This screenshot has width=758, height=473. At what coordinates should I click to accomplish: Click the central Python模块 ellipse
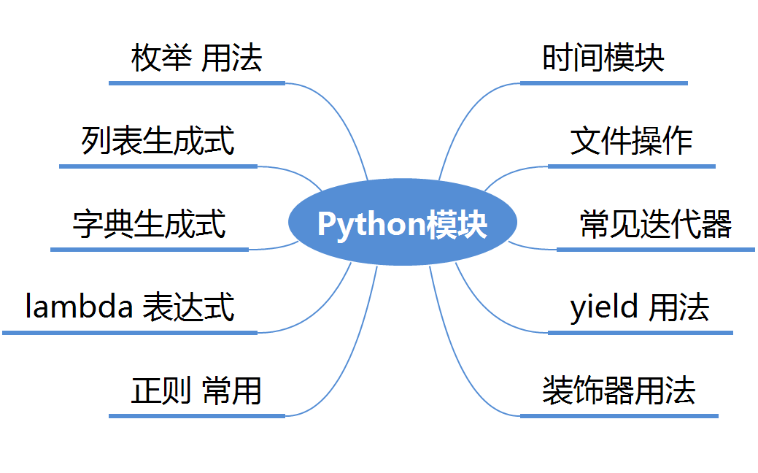[403, 222]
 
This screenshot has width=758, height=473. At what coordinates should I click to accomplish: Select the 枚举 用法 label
[196, 58]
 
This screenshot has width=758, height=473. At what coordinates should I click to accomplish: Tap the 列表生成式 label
[158, 141]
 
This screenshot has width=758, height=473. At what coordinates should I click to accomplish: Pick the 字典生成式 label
[149, 224]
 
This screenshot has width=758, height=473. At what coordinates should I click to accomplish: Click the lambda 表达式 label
[130, 307]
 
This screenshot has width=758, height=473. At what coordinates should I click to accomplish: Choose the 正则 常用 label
[196, 391]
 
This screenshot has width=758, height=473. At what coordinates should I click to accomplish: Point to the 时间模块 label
[603, 58]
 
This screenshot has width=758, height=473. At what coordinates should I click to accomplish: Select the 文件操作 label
[631, 141]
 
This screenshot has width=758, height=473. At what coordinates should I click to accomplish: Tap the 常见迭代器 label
[655, 224]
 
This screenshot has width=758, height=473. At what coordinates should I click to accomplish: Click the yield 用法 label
[639, 307]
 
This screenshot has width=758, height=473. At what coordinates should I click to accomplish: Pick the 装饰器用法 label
[619, 391]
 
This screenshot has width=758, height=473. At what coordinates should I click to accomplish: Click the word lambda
[79, 307]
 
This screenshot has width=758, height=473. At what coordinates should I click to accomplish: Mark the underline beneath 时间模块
[603, 83]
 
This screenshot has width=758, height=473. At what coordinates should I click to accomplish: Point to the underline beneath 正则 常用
[196, 416]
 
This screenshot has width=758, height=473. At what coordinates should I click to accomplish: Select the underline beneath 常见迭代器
[655, 250]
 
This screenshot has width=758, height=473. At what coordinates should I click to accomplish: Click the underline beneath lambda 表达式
[130, 333]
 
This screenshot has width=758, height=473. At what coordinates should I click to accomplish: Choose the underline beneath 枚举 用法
[196, 83]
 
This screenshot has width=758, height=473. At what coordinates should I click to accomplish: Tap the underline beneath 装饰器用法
[619, 416]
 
